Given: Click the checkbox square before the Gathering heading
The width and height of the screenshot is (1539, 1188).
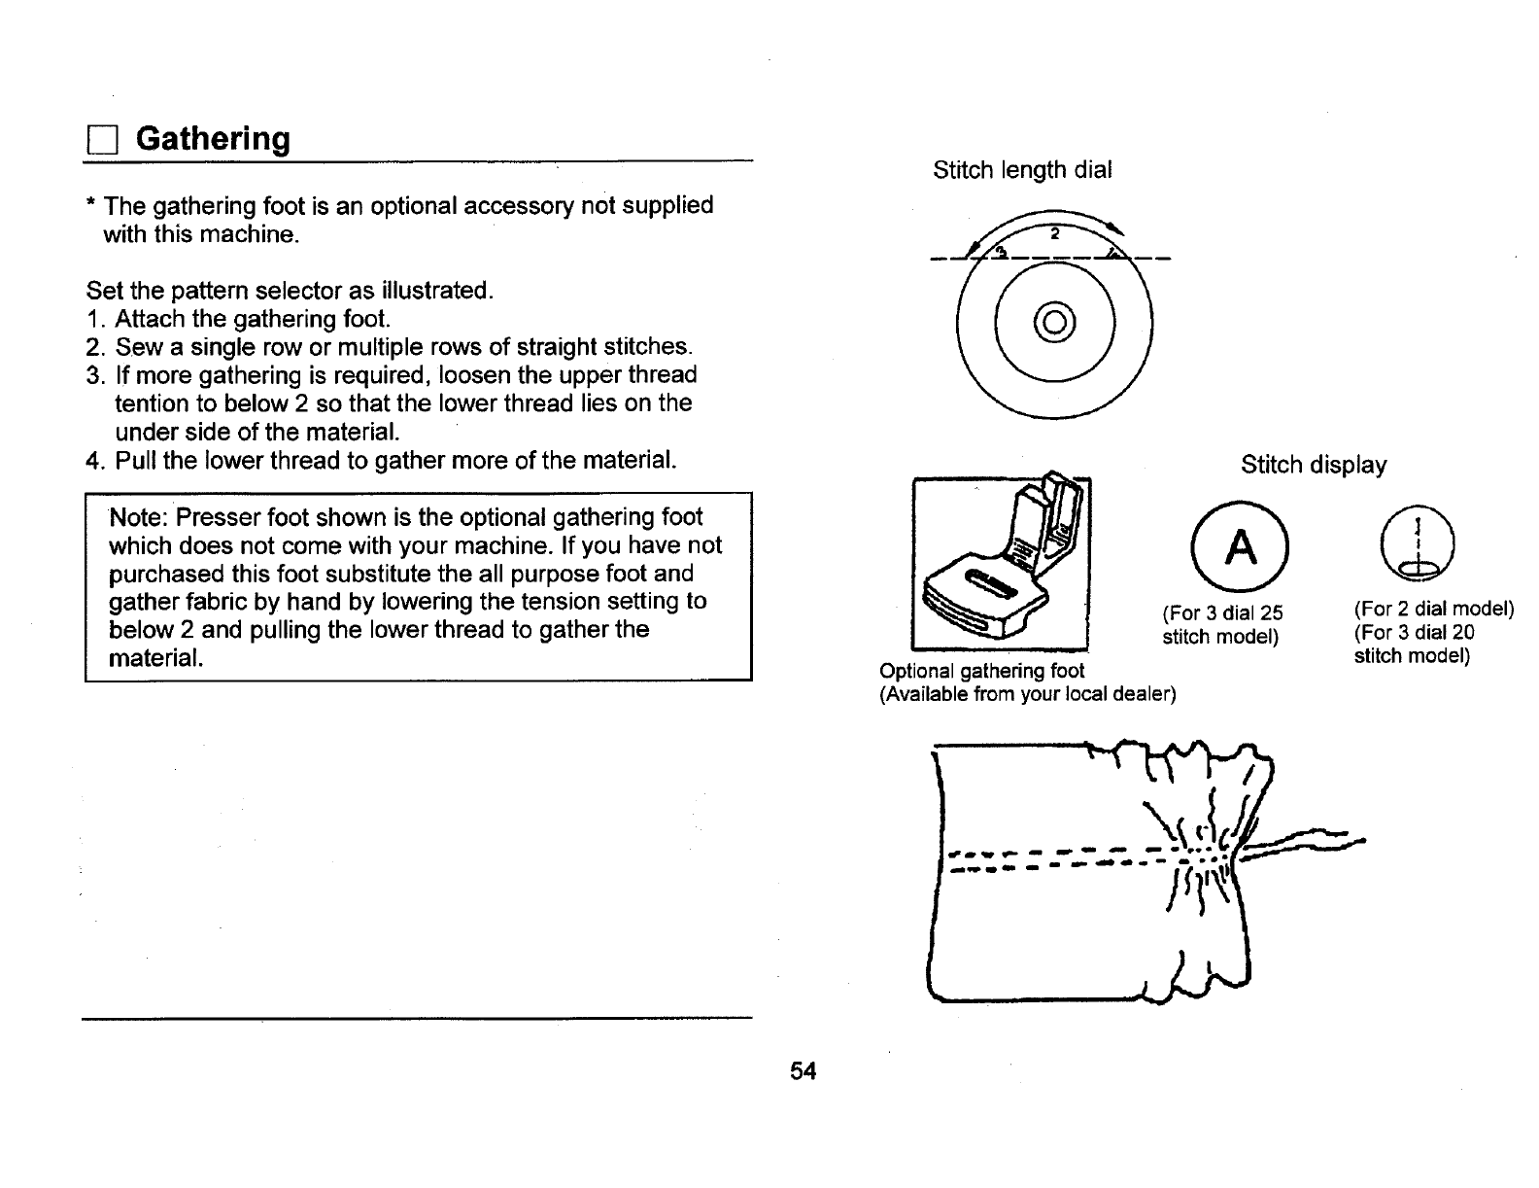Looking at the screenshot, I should click(x=100, y=142).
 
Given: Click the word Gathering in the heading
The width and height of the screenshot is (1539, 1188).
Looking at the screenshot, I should click(x=213, y=139).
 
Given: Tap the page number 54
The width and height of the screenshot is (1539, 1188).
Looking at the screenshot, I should click(x=803, y=1071).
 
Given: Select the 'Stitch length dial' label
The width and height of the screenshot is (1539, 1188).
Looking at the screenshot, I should click(x=1022, y=170).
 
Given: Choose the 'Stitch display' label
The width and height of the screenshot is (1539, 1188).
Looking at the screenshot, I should click(x=1314, y=466).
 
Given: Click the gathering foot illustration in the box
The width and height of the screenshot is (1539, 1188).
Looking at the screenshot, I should click(x=1000, y=564).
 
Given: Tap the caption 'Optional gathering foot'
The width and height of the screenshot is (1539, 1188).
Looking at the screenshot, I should click(x=981, y=671).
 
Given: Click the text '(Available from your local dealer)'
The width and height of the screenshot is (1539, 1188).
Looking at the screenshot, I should click(x=1027, y=694).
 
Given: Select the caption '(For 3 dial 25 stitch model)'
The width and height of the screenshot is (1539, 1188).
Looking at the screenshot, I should click(x=1222, y=624).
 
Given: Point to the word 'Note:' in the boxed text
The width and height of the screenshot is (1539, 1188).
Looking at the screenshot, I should click(x=140, y=517).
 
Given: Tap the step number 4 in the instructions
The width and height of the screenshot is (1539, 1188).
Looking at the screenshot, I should click(x=92, y=460).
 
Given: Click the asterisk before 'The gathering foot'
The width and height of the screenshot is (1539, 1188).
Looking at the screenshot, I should click(x=90, y=206).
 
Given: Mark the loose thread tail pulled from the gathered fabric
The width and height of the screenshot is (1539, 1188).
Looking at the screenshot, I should click(x=1312, y=841).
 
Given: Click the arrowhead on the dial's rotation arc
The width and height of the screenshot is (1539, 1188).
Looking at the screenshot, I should click(x=1118, y=231).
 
